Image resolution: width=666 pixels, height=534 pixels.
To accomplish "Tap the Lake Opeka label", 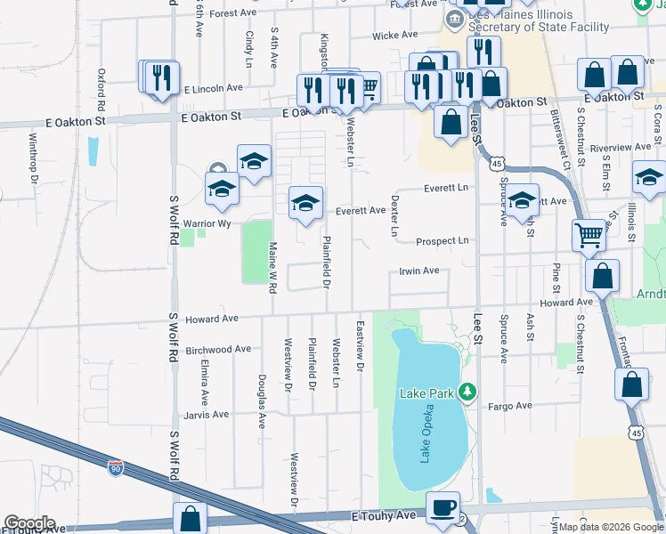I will (x=426, y=440).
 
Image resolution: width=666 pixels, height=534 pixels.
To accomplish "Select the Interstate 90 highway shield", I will (x=116, y=465).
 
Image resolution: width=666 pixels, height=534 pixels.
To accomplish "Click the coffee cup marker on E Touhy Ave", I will (x=443, y=507).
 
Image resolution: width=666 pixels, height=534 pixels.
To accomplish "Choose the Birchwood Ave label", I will (x=217, y=350).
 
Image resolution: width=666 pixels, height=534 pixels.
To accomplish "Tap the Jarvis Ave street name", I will (x=206, y=415).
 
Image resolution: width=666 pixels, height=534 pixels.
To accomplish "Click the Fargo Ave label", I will (x=510, y=406).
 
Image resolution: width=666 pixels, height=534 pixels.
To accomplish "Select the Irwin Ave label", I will (x=418, y=271).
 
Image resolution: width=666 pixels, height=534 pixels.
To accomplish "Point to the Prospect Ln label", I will (x=442, y=241).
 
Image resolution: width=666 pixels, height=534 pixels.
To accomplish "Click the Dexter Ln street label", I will (x=394, y=215).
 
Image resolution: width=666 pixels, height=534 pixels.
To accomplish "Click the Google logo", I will (x=28, y=523).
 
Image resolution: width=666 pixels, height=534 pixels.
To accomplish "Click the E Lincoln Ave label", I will (x=214, y=89).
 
